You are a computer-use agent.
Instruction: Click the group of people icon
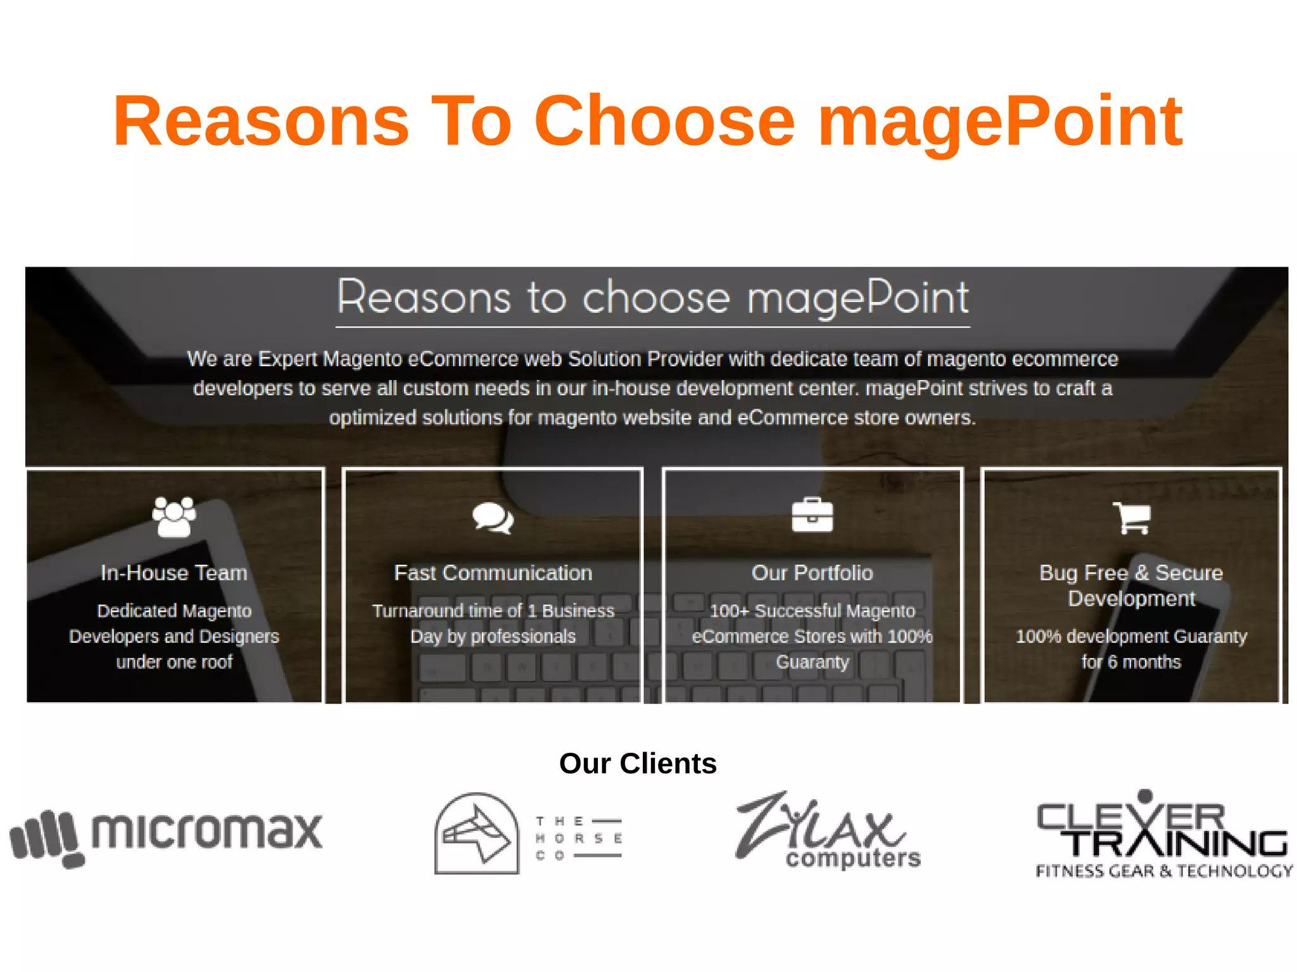[x=174, y=517]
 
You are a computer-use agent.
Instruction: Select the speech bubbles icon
[x=493, y=518]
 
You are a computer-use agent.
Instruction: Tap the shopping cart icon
[x=1131, y=517]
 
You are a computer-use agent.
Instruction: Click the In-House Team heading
[x=174, y=572]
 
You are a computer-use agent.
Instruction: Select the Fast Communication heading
[x=493, y=572]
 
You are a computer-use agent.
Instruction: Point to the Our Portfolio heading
[x=812, y=572]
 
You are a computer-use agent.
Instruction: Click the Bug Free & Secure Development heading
[x=1131, y=585]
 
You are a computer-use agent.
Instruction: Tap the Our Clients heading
[x=638, y=763]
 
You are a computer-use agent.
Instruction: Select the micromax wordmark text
[x=207, y=830]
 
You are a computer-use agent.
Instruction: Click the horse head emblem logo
[x=476, y=834]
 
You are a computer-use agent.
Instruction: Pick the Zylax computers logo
[x=826, y=831]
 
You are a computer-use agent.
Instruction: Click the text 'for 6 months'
[x=1131, y=662]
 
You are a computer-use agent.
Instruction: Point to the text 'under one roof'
[x=174, y=662]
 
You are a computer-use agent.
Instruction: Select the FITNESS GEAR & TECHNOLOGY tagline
[x=1163, y=871]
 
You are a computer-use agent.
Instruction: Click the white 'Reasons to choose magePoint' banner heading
[x=652, y=297]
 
